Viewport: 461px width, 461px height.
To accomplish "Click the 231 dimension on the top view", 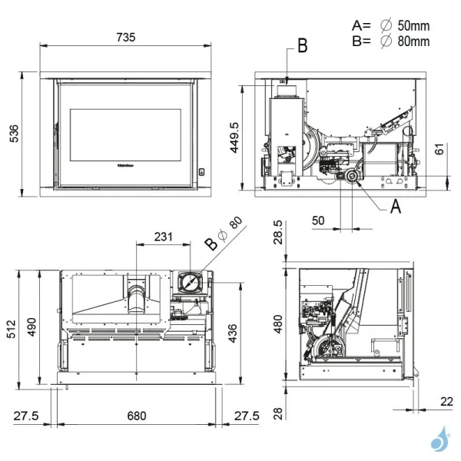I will click(x=162, y=237).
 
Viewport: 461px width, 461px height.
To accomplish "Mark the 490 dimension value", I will click(x=32, y=329).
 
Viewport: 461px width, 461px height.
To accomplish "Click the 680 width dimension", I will click(x=136, y=416).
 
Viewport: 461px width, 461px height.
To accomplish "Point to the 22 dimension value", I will click(x=448, y=400).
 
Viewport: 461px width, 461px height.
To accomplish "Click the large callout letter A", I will click(x=396, y=206).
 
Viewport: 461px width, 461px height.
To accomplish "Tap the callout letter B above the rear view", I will click(x=302, y=46).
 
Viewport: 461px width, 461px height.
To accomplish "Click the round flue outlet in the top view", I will click(x=188, y=282).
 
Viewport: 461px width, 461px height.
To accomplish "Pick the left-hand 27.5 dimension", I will click(x=26, y=416).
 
